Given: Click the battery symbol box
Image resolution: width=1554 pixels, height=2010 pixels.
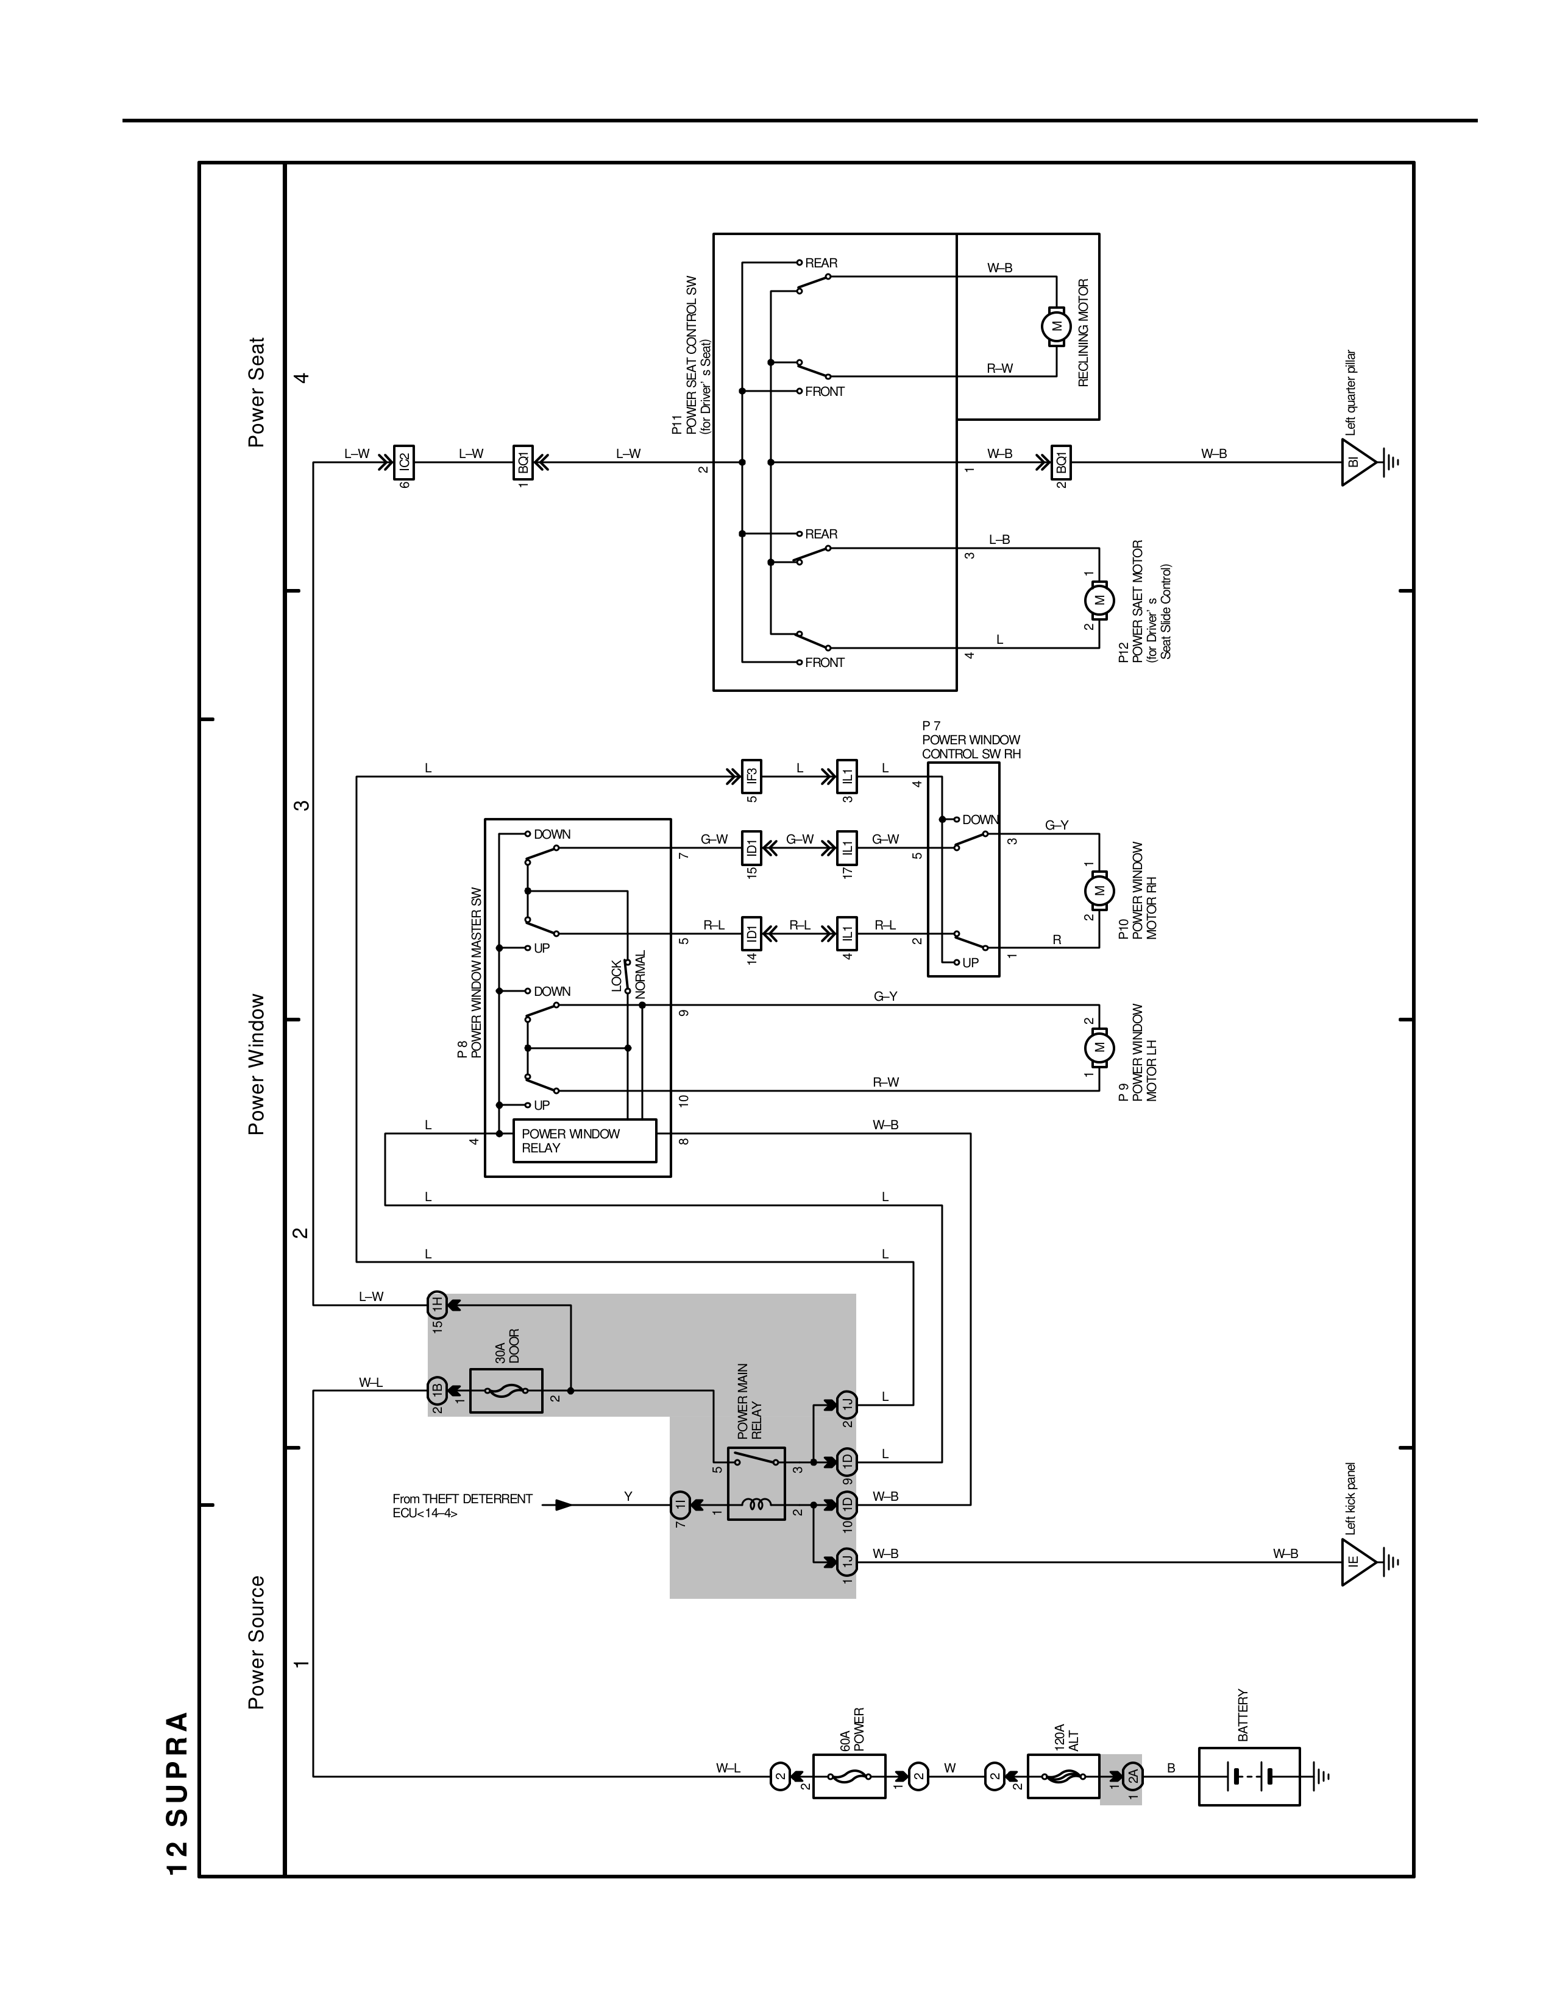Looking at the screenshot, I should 1248,1776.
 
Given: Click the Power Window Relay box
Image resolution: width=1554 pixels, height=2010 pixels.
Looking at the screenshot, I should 584,1140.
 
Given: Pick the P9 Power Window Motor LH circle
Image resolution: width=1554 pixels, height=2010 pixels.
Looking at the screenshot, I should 1098,1048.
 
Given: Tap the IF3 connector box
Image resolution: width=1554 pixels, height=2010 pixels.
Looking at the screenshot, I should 752,777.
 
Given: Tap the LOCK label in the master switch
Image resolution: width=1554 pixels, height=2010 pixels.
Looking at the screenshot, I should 617,976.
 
